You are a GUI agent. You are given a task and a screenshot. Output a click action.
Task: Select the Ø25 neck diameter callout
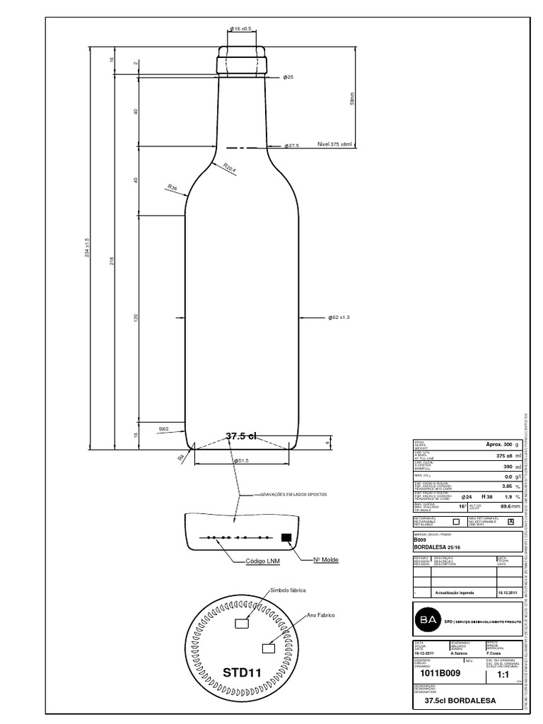coord(288,76)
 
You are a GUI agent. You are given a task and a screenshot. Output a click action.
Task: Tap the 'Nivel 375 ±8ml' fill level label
coord(334,144)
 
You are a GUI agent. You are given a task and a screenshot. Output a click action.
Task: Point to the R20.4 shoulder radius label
coord(230,168)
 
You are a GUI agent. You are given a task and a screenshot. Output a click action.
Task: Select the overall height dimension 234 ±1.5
coord(86,248)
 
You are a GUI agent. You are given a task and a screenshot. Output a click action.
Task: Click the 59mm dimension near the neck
coord(351,99)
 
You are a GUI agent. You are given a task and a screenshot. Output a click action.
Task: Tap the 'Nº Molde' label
coord(325,559)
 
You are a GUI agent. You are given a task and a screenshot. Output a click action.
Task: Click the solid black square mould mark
coord(286,537)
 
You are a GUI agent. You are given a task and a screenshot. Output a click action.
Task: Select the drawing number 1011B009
coord(440,674)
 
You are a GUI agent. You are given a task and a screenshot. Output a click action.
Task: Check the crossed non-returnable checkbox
coord(510,521)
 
